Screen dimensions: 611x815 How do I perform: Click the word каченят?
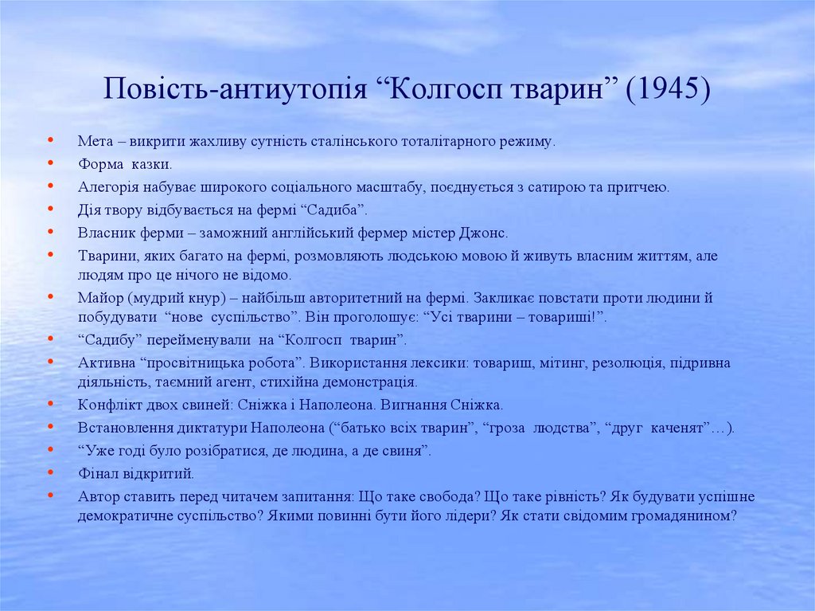(x=680, y=428)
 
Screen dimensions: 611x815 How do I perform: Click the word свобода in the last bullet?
(x=443, y=497)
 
